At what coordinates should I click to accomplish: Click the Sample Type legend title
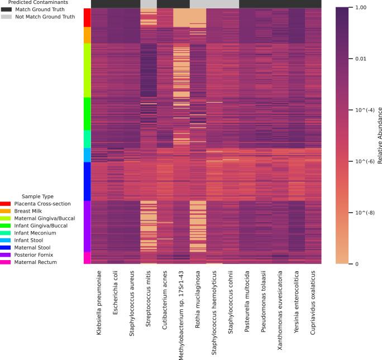click(x=37, y=196)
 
